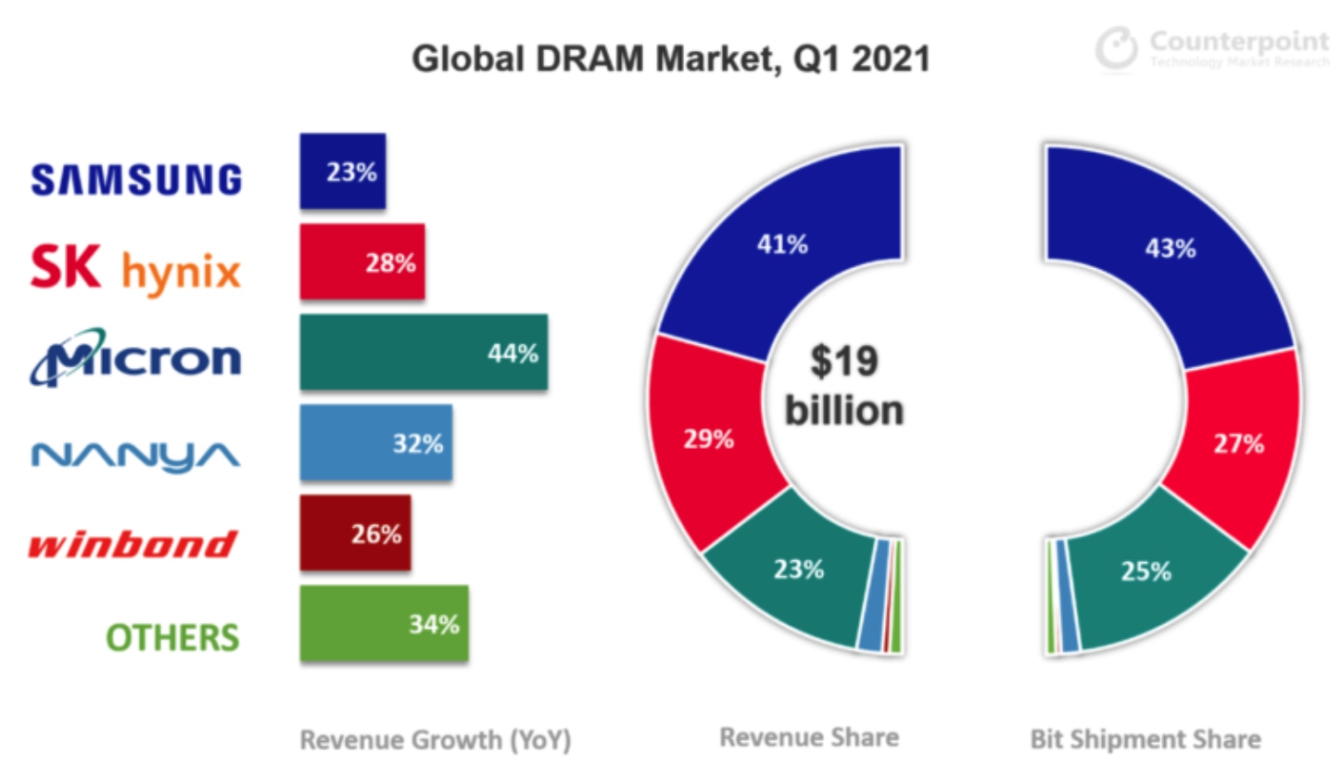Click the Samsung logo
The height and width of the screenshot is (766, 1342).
pos(136,179)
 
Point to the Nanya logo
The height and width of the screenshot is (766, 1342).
pos(136,453)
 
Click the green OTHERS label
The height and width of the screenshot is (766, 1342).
pos(172,637)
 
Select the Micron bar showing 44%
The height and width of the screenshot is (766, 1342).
pos(424,352)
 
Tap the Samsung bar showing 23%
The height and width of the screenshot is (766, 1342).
pos(343,172)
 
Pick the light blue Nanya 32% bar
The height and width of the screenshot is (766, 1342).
pos(376,443)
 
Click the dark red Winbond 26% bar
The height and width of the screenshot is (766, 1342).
pos(355,533)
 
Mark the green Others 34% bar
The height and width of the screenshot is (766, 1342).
pos(384,624)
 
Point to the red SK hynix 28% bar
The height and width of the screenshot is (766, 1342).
pos(362,262)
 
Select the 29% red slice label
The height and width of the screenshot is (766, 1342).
pos(710,440)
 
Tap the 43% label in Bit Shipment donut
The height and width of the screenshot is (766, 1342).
pos(1170,249)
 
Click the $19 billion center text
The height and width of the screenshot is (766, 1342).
pos(843,387)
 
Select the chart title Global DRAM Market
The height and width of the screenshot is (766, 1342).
pos(670,59)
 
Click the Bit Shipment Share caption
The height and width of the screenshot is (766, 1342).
pos(1145,739)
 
